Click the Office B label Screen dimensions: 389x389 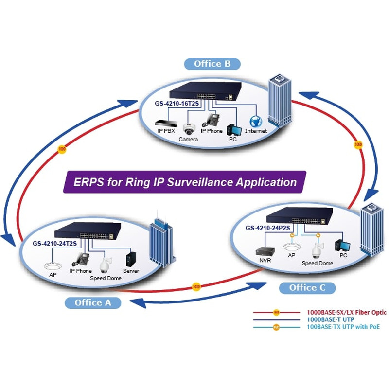[x=212, y=64]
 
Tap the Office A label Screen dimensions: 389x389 [x=93, y=302]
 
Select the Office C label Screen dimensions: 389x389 [x=307, y=287]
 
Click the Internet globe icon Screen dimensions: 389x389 [x=256, y=121]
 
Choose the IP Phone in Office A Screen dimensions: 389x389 [x=80, y=259]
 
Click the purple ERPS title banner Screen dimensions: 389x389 [x=185, y=182]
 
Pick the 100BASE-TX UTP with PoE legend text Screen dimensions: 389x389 [x=343, y=327]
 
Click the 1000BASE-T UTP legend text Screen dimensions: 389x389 [x=330, y=319]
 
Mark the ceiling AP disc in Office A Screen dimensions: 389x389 [x=52, y=265]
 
